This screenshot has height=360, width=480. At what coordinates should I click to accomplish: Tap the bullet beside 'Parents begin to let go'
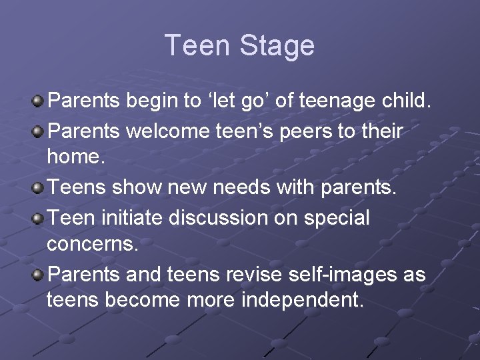tap(39, 101)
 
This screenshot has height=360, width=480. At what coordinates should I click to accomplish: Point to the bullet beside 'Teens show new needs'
tap(39, 188)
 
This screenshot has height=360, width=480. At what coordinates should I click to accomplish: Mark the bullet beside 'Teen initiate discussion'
tap(39, 218)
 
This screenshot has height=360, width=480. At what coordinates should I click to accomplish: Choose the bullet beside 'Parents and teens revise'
tap(39, 275)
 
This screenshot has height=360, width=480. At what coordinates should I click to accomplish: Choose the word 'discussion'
tap(223, 217)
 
